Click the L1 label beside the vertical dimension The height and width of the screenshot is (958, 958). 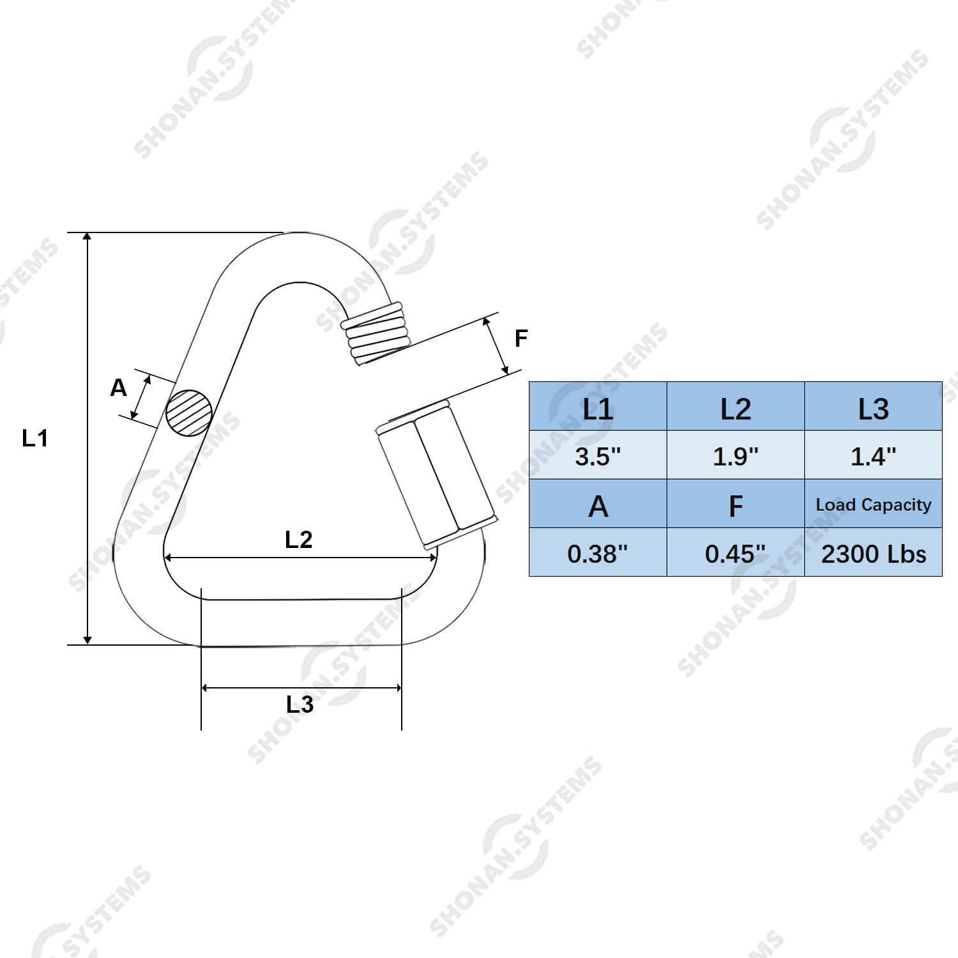35,439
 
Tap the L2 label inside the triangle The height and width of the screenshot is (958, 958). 298,540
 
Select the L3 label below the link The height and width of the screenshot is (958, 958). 300,704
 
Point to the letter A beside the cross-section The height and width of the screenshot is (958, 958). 119,388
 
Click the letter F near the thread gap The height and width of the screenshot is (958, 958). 521,338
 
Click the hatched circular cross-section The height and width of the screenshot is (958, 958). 189,413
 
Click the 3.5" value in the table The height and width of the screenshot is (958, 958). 598,456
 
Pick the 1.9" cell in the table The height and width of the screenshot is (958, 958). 736,456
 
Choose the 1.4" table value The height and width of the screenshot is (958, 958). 873,456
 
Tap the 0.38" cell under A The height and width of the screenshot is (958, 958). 598,553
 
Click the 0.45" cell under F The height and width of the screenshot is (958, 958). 736,553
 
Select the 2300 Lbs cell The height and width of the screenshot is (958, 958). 873,553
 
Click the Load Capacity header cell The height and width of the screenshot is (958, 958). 873,505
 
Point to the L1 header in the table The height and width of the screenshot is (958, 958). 598,409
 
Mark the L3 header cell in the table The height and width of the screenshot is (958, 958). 873,409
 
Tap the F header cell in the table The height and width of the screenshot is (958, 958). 736,506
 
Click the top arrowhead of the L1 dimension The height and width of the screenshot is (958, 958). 88,238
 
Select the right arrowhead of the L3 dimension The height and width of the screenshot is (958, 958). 398,688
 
